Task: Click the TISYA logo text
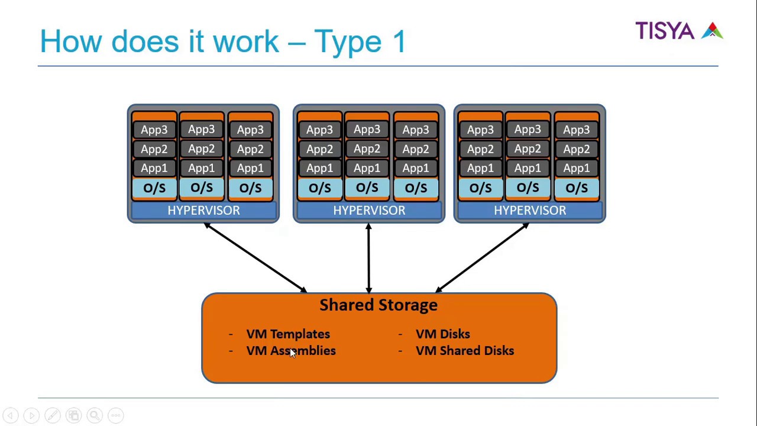click(665, 31)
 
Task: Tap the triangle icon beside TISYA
click(713, 31)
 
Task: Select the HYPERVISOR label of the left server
click(203, 211)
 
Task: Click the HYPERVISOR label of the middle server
click(369, 211)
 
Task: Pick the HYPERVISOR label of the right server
click(530, 211)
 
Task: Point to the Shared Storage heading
click(378, 305)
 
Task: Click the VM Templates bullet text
click(288, 334)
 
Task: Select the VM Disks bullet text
click(443, 334)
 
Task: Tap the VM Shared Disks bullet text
click(465, 351)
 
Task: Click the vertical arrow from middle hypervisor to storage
click(369, 258)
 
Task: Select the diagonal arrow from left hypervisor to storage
click(255, 258)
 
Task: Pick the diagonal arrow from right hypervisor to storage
click(483, 258)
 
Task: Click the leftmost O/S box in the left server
click(154, 188)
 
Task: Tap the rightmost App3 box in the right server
click(577, 130)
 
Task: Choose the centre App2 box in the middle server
click(367, 149)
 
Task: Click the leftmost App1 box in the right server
click(480, 169)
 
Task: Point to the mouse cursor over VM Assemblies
click(293, 353)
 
